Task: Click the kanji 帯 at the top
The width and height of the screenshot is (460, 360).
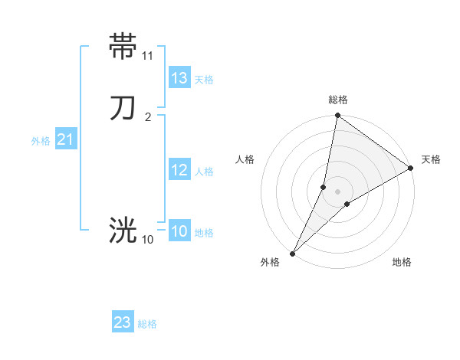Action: pyautogui.click(x=123, y=45)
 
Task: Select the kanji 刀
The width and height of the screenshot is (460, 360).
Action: pyautogui.click(x=123, y=107)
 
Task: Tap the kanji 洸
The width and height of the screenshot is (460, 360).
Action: pyautogui.click(x=123, y=229)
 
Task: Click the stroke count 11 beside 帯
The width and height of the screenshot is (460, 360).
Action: pyautogui.click(x=147, y=55)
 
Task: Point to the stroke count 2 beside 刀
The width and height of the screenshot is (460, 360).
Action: pyautogui.click(x=147, y=116)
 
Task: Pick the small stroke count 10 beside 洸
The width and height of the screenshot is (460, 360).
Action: pyautogui.click(x=147, y=240)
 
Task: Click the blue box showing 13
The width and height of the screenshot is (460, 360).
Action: pyautogui.click(x=179, y=78)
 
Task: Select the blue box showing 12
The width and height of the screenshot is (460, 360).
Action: pyautogui.click(x=179, y=170)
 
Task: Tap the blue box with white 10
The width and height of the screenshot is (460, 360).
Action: pyautogui.click(x=179, y=231)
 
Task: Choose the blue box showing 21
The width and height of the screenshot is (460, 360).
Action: pyautogui.click(x=65, y=139)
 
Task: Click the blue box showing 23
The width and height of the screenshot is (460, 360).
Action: pyautogui.click(x=123, y=322)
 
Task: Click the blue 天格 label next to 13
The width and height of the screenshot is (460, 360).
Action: pyautogui.click(x=204, y=80)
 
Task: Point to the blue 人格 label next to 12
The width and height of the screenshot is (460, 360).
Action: pyautogui.click(x=204, y=172)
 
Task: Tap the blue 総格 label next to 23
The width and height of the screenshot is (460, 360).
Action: pyautogui.click(x=147, y=324)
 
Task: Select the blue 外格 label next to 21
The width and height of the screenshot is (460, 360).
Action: pyautogui.click(x=41, y=141)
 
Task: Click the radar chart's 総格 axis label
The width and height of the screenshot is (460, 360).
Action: pyautogui.click(x=338, y=100)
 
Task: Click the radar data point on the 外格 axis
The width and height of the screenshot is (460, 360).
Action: pyautogui.click(x=293, y=253)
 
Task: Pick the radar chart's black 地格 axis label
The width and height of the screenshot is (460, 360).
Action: pyautogui.click(x=402, y=263)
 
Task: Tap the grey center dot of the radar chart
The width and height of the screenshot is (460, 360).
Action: pyautogui.click(x=338, y=191)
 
